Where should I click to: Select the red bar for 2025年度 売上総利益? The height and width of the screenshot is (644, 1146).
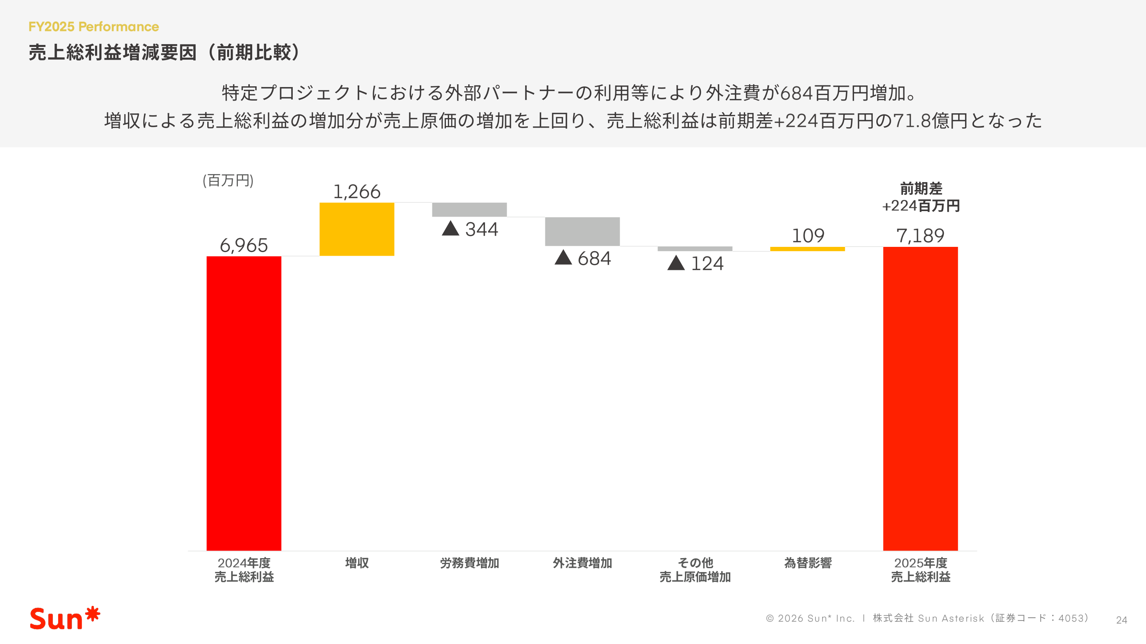[x=920, y=398]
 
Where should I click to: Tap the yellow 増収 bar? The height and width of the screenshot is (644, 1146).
[x=357, y=229]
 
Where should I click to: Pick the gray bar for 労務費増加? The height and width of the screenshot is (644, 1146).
[x=469, y=209]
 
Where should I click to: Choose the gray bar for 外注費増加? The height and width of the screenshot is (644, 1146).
[x=582, y=231]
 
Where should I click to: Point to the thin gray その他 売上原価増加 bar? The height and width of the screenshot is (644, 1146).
[x=695, y=248]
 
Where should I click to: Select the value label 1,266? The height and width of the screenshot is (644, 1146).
[x=357, y=192]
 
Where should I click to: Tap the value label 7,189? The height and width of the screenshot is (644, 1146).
[x=920, y=236]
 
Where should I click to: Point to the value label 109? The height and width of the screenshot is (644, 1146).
[x=808, y=236]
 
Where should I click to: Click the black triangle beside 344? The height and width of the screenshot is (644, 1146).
[x=450, y=229]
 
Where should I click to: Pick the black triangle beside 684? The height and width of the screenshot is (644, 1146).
[x=563, y=258]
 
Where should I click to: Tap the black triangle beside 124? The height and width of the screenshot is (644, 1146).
[x=676, y=263]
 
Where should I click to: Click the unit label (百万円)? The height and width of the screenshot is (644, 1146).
[x=228, y=180]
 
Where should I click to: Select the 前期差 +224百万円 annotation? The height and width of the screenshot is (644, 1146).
[x=921, y=197]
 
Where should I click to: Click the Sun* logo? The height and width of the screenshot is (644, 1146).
[x=65, y=618]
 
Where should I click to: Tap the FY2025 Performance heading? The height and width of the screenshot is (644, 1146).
[x=93, y=27]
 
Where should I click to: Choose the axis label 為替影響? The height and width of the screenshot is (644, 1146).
[x=808, y=563]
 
